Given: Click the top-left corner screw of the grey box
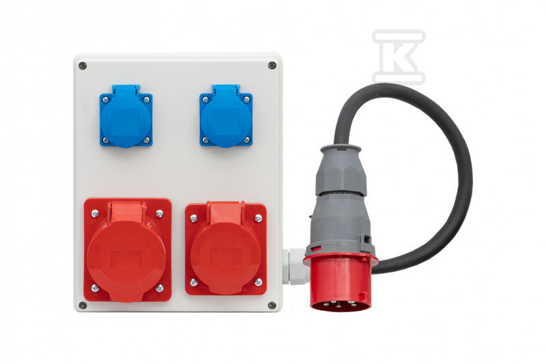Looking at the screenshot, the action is tap(83, 66).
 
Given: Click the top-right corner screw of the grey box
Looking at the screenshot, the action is tap(272, 65).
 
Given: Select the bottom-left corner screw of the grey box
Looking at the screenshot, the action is tap(83, 305).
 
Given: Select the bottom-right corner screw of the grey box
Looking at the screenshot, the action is tap(272, 305).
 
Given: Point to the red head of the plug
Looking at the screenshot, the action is tap(340, 282).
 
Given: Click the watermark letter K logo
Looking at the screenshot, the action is tap(399, 57).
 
